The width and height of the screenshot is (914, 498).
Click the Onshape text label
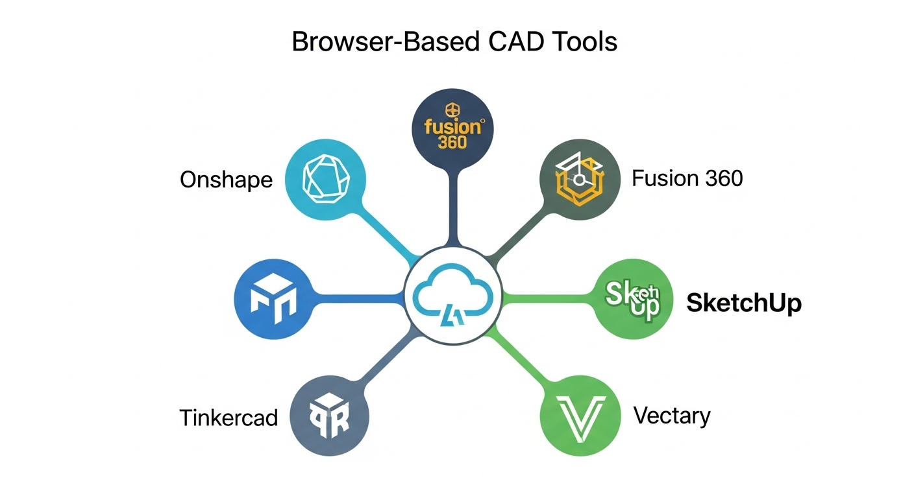(x=226, y=180)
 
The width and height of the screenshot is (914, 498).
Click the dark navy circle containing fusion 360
(x=453, y=128)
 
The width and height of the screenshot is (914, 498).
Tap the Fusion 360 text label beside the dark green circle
(x=687, y=178)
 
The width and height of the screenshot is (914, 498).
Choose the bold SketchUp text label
(x=744, y=303)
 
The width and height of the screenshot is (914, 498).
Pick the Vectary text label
(x=672, y=415)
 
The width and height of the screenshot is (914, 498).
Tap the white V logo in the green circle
(x=581, y=416)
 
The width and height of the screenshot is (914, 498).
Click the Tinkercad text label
(x=228, y=417)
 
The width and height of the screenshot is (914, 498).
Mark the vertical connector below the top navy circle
(x=453, y=207)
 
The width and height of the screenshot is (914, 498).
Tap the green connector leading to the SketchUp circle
(x=549, y=299)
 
